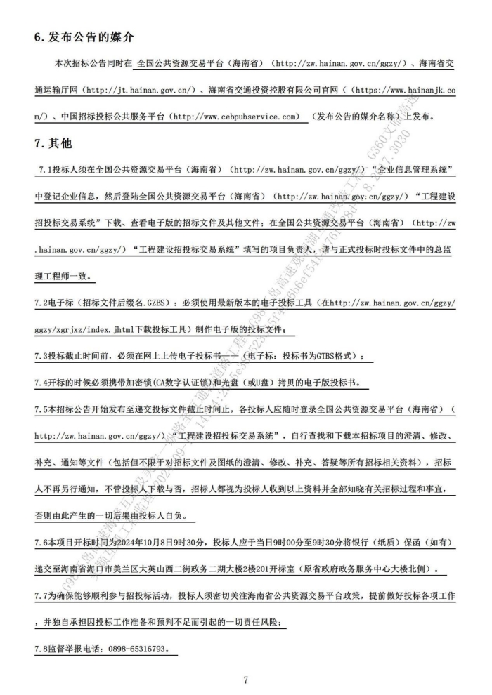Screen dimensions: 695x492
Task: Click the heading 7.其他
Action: tap(53, 143)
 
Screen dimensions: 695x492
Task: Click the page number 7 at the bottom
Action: tap(246, 680)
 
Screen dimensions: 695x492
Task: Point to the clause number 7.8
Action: tap(44, 649)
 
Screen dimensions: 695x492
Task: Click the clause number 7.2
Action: tap(44, 303)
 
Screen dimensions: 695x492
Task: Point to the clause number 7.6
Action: tap(44, 543)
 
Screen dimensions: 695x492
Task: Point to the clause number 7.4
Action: tap(44, 383)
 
